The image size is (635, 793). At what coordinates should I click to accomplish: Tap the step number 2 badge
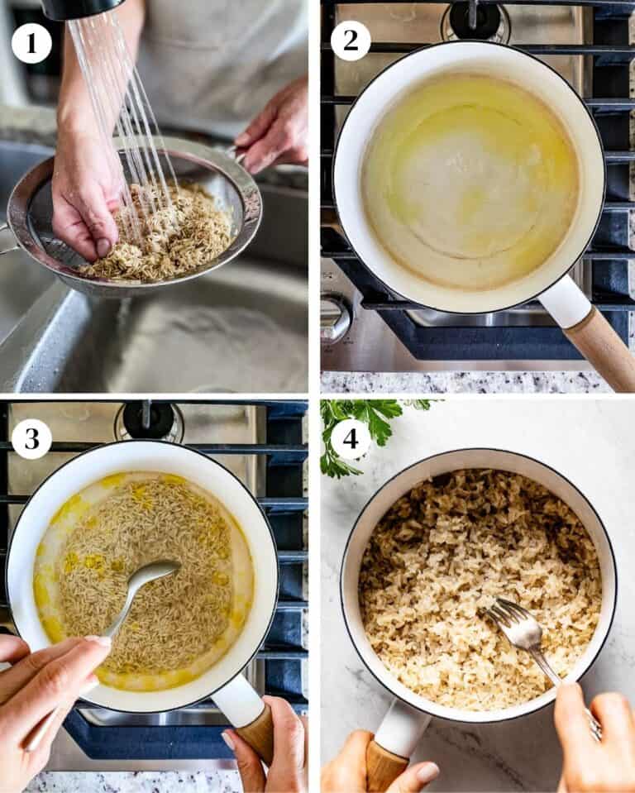tap(350, 41)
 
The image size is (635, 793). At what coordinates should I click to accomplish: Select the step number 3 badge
tap(31, 438)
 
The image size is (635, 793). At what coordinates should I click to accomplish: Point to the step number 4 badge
tap(350, 438)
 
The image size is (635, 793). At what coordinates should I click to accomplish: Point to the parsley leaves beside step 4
tap(369, 430)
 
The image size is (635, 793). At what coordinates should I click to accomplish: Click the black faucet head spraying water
tap(81, 8)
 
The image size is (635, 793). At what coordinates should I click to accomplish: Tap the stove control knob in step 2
tap(335, 318)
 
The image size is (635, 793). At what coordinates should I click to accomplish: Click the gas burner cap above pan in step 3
tap(149, 420)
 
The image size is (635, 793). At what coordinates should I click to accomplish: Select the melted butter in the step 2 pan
tap(470, 182)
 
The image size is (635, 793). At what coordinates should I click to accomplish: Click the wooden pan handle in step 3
tap(255, 733)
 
